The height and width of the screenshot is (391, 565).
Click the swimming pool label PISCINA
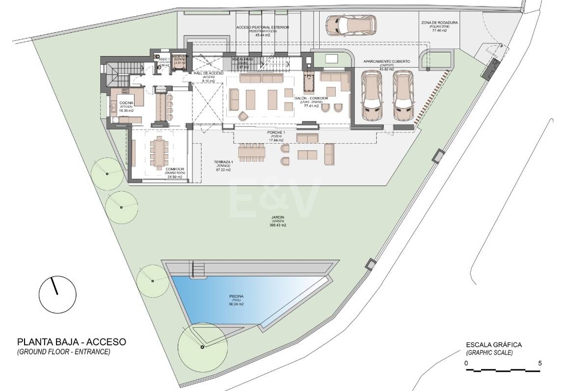click(x=236, y=296)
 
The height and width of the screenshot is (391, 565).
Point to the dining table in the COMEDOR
click(x=158, y=152)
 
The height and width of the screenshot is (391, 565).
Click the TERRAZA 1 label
click(x=223, y=162)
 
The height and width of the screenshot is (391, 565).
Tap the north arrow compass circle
click(x=57, y=294)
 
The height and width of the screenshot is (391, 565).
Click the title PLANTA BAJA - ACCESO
click(x=72, y=341)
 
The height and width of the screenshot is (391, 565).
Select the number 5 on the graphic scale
click(x=539, y=364)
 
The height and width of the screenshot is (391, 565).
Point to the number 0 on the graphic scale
click(x=467, y=364)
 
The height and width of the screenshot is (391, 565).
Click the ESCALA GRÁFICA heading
click(x=494, y=345)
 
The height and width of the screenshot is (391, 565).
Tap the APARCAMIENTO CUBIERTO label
click(x=386, y=61)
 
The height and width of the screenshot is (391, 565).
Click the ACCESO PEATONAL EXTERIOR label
click(x=263, y=28)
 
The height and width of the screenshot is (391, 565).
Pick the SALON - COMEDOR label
click(x=308, y=99)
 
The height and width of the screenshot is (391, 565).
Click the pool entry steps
click(x=199, y=269)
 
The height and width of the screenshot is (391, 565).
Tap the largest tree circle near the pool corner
click(x=202, y=347)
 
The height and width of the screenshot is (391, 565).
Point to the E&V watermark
click(x=275, y=199)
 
